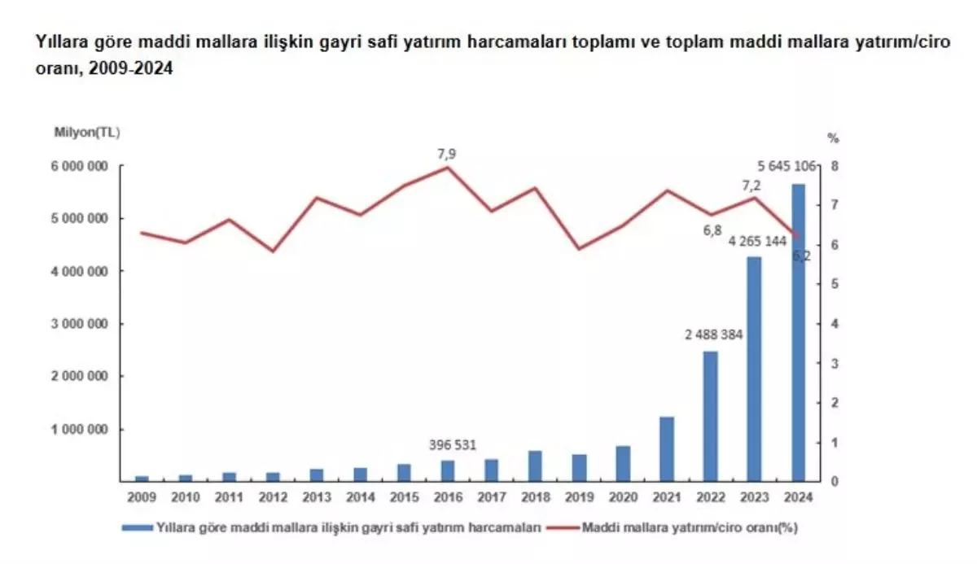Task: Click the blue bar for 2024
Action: [x=798, y=334]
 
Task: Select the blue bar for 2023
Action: [x=754, y=370]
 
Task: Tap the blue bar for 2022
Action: [x=710, y=417]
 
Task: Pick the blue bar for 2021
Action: [x=666, y=449]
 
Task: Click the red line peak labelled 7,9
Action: [x=446, y=167]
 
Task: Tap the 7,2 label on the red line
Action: [x=749, y=186]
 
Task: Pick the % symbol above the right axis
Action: [x=832, y=137]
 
